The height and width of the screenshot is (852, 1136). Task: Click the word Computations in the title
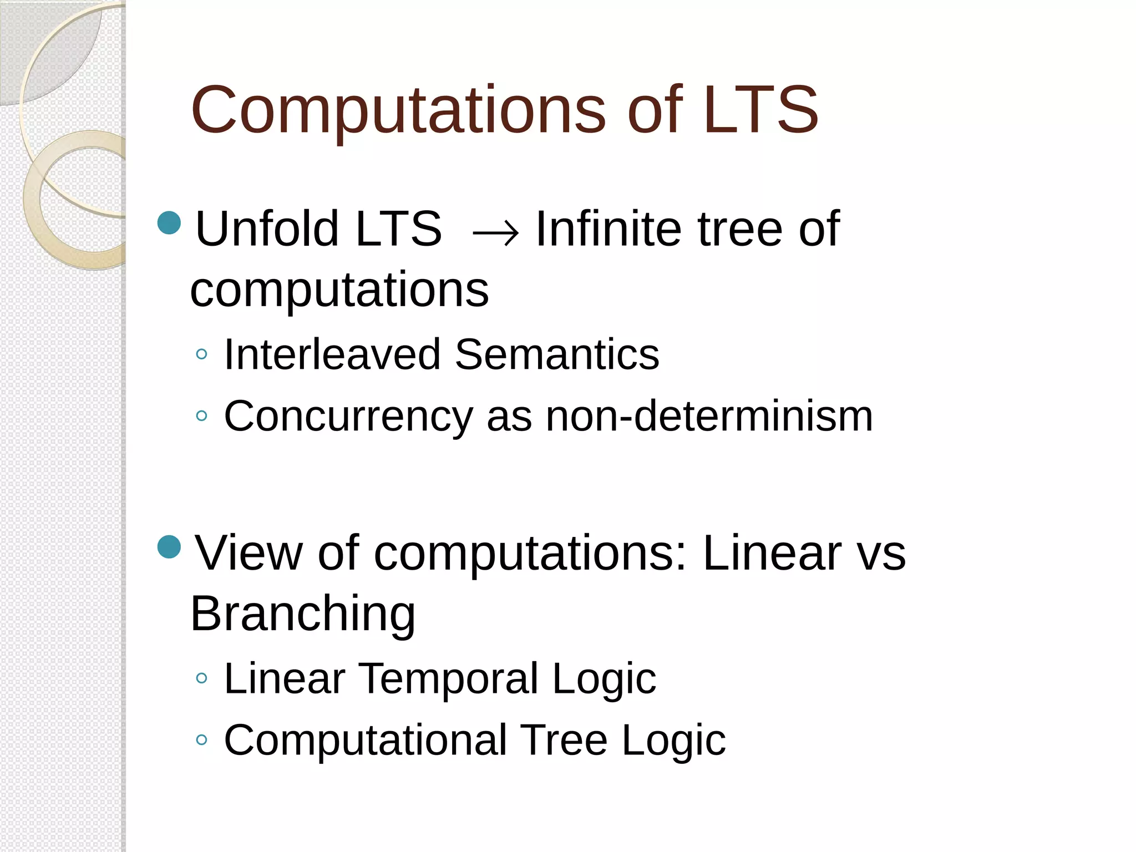click(x=398, y=111)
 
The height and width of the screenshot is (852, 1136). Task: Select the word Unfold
click(x=267, y=229)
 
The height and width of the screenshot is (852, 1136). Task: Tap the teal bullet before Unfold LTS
click(x=169, y=223)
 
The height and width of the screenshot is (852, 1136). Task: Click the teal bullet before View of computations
click(x=169, y=547)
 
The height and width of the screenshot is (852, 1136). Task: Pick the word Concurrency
click(x=348, y=416)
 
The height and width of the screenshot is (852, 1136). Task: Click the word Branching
click(x=303, y=613)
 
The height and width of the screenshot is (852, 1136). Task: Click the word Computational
click(x=366, y=739)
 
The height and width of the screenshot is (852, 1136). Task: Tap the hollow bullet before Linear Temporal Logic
click(x=202, y=678)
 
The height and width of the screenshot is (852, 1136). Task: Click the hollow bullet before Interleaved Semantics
click(x=202, y=354)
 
